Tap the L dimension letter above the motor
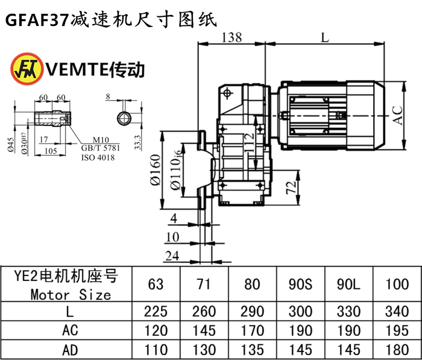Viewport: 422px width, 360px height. pos(325,37)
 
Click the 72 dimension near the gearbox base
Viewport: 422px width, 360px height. pos(290,187)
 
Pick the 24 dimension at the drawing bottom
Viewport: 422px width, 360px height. pos(172,256)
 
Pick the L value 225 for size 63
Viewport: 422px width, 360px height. pos(156,311)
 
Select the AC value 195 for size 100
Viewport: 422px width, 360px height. pos(396,330)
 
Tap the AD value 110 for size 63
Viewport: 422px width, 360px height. pos(156,350)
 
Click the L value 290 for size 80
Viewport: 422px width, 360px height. pos(252,311)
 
